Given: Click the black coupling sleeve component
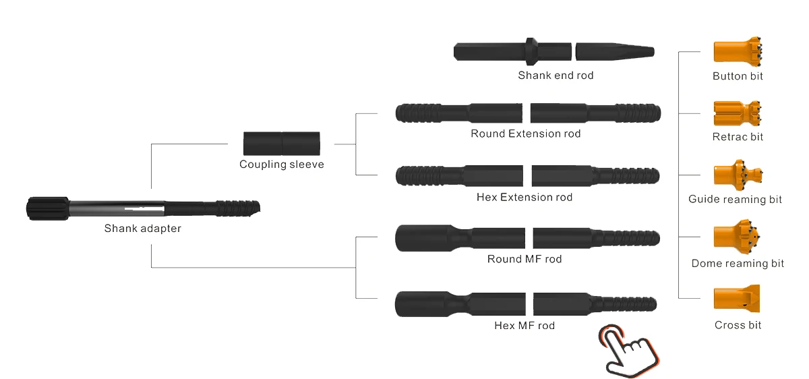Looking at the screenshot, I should click(282, 144).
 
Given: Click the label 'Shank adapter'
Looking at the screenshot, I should click(142, 229).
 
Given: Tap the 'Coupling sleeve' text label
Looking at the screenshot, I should click(282, 165).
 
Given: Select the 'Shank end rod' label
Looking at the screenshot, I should click(556, 76).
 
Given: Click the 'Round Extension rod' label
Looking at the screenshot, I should click(525, 134).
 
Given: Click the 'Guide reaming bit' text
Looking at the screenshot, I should click(735, 200).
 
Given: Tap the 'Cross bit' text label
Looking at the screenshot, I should click(738, 325).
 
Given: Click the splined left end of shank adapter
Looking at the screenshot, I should click(48, 208).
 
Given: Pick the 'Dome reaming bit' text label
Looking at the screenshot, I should click(738, 264).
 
